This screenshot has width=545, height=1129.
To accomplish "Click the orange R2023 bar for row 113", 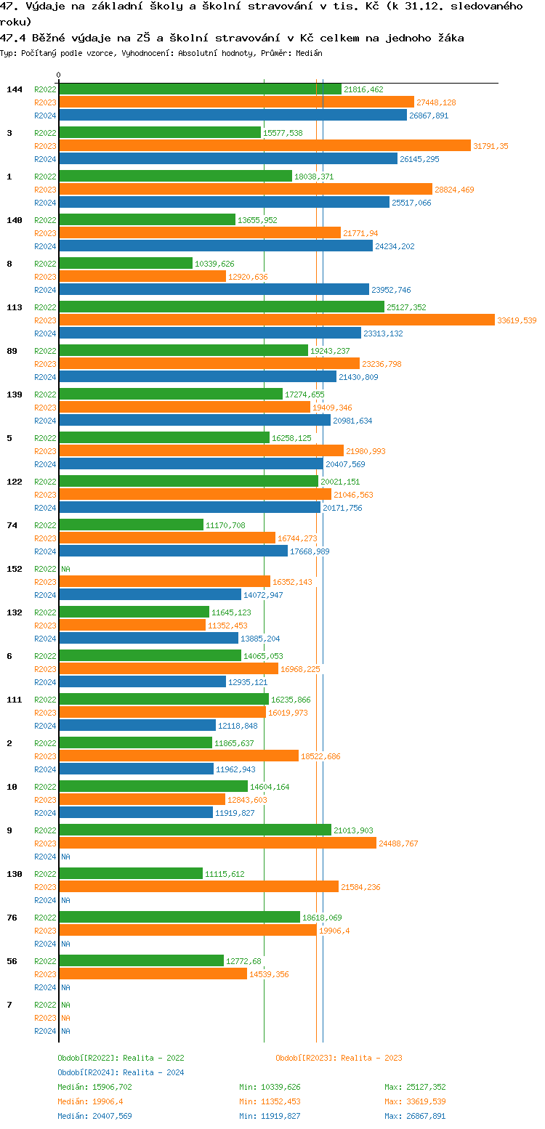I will point(276,320).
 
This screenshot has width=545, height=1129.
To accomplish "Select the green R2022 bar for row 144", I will point(200,89).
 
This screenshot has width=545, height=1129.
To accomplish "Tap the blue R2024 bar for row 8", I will point(214,290).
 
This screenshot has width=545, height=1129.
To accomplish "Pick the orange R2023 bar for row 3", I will point(265,146).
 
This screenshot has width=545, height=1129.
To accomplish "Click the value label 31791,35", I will point(490,146).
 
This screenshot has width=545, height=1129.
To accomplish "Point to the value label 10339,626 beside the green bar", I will point(214,264).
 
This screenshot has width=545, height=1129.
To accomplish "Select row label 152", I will point(15,569).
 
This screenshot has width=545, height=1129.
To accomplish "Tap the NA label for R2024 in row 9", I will point(65,857).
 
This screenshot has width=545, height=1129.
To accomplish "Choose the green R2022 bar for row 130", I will point(131,874).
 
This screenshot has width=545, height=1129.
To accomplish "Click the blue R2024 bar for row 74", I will point(173,551).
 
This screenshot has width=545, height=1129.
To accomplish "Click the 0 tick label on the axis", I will point(59,75).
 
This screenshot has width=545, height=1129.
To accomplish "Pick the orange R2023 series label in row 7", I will point(45,1018).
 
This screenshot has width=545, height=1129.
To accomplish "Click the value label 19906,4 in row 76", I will point(334,931).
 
